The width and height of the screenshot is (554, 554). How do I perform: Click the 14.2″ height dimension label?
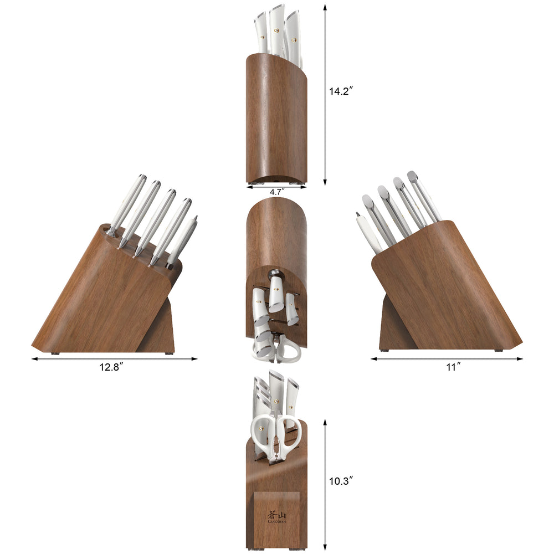pyautogui.click(x=341, y=92)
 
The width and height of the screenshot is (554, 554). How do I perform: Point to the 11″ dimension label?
pyautogui.click(x=454, y=367)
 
